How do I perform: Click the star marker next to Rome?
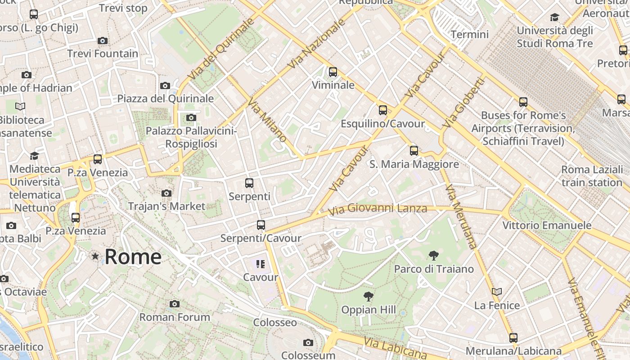coord(95,256)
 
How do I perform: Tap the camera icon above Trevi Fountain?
coord(103,40)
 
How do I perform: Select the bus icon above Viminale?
coord(333,72)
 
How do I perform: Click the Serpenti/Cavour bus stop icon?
coord(261,225)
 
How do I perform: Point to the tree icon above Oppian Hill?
coord(368,297)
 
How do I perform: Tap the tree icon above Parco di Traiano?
coord(434,256)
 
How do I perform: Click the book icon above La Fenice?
coord(497,292)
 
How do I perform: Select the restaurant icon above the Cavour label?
coord(261,264)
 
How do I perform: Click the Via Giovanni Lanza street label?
coord(377,209)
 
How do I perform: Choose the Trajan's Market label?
coord(166,207)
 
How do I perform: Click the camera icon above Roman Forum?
coord(175,304)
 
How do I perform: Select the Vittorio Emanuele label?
coord(547,225)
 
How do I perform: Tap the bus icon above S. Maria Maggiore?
coord(414,151)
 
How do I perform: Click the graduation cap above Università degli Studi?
coord(554,18)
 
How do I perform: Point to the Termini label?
coord(469,34)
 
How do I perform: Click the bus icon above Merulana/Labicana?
coord(513,337)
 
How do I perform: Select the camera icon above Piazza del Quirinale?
coord(165,85)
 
